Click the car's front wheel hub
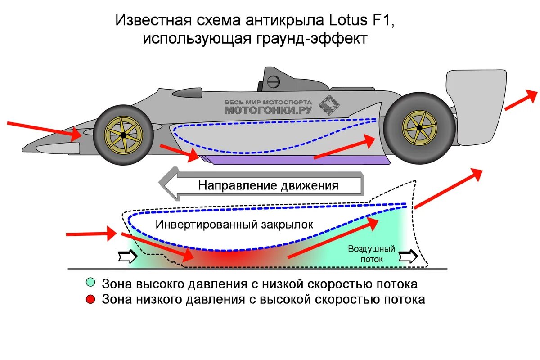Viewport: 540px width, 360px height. [x=122, y=135]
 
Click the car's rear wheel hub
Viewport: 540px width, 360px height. [x=419, y=128]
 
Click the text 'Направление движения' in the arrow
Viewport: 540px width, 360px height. [x=268, y=185]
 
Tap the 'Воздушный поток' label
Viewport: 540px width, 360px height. [x=371, y=254]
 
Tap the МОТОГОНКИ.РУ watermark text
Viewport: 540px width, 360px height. [x=270, y=109]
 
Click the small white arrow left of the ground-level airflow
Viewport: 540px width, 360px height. [x=127, y=256]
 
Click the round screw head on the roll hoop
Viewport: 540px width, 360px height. [x=274, y=81]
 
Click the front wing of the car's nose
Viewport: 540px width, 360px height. [x=56, y=147]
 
